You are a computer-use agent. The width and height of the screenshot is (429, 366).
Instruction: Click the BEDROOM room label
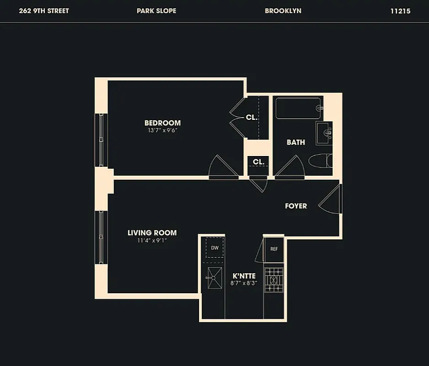click(162, 123)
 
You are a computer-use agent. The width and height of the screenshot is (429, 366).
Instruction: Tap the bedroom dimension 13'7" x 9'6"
click(162, 130)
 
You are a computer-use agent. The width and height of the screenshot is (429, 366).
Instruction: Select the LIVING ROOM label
click(152, 233)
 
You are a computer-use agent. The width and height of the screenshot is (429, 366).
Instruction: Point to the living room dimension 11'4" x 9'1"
click(152, 240)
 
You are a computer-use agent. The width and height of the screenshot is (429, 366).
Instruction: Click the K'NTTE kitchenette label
click(244, 275)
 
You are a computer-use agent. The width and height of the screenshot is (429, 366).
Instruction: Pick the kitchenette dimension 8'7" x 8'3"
click(244, 283)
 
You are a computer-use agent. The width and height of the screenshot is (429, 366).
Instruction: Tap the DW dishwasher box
click(214, 248)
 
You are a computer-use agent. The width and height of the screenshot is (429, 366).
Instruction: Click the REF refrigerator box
click(274, 249)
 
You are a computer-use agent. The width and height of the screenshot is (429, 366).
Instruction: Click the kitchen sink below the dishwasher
click(213, 278)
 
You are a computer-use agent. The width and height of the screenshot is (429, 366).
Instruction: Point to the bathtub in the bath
click(298, 108)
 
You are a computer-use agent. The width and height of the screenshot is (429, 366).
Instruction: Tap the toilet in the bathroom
click(320, 161)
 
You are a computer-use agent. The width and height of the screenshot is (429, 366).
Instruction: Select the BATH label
click(296, 142)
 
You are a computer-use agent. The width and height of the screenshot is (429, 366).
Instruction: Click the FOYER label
click(296, 206)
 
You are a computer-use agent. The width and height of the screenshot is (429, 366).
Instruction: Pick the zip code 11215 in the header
click(400, 11)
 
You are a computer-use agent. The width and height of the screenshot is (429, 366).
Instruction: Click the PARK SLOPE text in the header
click(156, 11)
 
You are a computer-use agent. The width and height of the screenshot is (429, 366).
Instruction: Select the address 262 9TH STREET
click(44, 11)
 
